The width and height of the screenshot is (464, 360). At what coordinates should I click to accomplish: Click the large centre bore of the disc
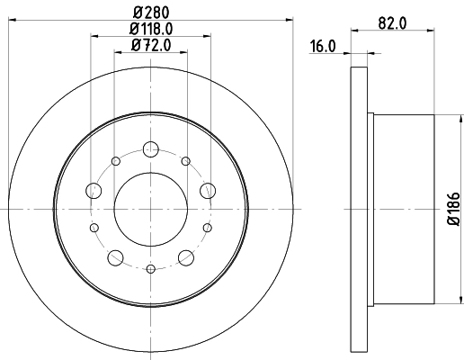(x=151, y=208)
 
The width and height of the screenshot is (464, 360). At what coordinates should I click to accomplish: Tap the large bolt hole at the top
(x=151, y=149)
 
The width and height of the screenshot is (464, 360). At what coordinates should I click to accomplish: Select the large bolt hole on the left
(x=94, y=190)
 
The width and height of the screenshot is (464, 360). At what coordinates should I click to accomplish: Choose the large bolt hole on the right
(x=209, y=190)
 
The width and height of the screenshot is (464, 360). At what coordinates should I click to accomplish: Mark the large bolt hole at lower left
(x=115, y=258)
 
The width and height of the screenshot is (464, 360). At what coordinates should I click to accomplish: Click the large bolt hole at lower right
(x=187, y=258)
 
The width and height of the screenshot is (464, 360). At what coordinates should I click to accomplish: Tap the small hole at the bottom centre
(x=151, y=267)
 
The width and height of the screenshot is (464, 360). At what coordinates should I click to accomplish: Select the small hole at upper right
(x=185, y=161)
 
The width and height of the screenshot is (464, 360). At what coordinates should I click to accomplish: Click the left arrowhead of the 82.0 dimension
(x=352, y=31)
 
